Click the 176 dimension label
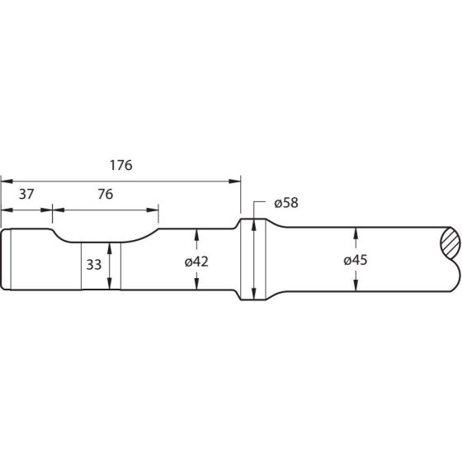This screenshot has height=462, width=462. click(x=120, y=165)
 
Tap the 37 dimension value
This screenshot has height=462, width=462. click(x=26, y=194)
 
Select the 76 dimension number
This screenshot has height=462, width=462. click(x=106, y=194)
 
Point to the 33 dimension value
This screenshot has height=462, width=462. click(x=94, y=265)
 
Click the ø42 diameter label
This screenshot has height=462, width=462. click(x=196, y=262)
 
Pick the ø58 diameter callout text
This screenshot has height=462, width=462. click(x=286, y=203)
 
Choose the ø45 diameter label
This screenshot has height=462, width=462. click(x=356, y=260)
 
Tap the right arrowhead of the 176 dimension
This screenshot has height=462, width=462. click(x=235, y=181)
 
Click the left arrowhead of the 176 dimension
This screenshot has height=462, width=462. click(x=7, y=181)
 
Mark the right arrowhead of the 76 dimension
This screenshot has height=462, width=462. click(x=153, y=210)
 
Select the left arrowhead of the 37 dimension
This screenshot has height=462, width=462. click(x=7, y=210)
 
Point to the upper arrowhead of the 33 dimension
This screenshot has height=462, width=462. click(x=110, y=248)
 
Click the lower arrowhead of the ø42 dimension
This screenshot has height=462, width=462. click(x=196, y=284)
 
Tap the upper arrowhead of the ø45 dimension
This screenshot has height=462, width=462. click(x=356, y=233)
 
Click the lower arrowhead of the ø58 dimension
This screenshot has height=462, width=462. click(x=253, y=294)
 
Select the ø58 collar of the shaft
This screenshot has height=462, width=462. click(x=253, y=259)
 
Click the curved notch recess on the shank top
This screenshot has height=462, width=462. click(x=106, y=238)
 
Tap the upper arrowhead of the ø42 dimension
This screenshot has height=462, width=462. click(x=196, y=234)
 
